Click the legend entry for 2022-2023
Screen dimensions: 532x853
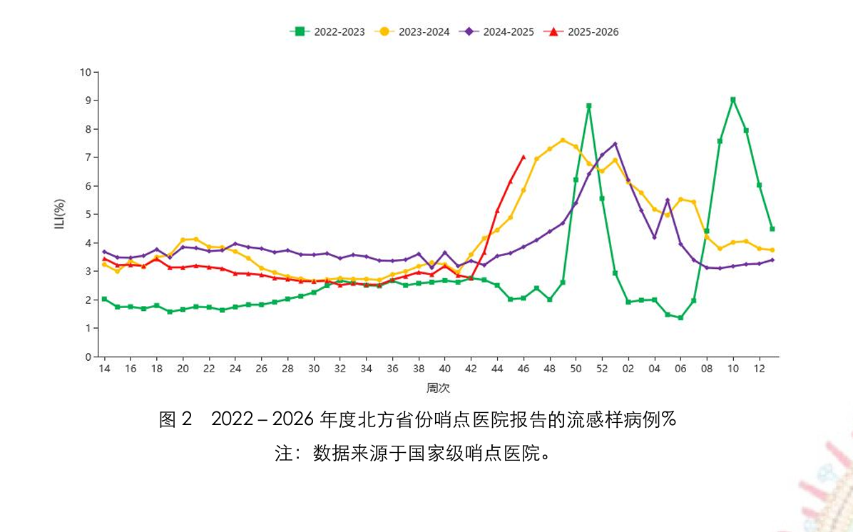[x=327, y=31]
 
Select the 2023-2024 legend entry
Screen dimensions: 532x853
[x=414, y=31]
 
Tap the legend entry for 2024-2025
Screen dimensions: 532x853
[x=499, y=31]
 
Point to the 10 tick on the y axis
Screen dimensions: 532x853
[x=86, y=72]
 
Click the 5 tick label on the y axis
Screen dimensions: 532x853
[x=88, y=215]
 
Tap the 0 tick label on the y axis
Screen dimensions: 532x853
[x=88, y=357]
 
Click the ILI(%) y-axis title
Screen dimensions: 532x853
[x=61, y=214]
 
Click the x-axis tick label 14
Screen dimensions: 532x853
[x=104, y=369]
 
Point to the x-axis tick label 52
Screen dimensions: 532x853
[x=601, y=369]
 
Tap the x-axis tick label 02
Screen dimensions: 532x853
[x=628, y=369]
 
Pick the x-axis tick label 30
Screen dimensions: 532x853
[x=314, y=369]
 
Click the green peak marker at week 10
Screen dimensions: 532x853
[x=732, y=100]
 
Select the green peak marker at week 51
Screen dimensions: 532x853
[x=588, y=106]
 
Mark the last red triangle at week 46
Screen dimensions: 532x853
[x=523, y=157]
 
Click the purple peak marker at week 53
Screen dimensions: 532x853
[x=615, y=144]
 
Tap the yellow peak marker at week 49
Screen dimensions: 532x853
[x=563, y=140]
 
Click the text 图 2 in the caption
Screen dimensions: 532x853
[x=175, y=419]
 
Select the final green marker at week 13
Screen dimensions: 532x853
[x=772, y=229]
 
